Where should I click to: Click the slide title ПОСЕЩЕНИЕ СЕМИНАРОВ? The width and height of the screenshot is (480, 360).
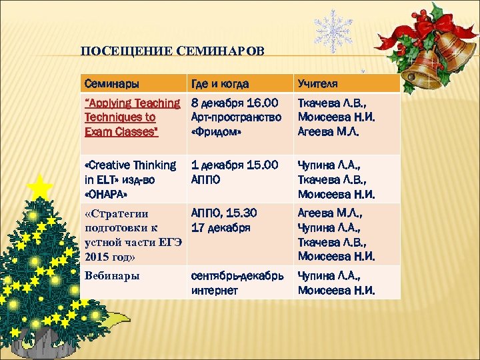pyautogui.click(x=172, y=51)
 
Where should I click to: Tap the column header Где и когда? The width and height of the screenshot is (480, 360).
pyautogui.click(x=220, y=84)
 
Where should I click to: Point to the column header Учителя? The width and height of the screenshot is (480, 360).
pyautogui.click(x=317, y=84)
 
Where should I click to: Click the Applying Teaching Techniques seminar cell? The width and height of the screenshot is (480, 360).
pyautogui.click(x=132, y=117)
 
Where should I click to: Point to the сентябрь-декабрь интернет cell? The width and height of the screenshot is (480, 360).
pyautogui.click(x=237, y=283)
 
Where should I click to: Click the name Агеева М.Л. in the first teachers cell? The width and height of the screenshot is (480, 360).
pyautogui.click(x=328, y=131)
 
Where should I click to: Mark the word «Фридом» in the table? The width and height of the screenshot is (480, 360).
pyautogui.click(x=215, y=131)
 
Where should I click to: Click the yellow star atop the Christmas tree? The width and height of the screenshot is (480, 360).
pyautogui.click(x=41, y=187)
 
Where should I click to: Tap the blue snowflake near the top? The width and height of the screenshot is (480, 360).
pyautogui.click(x=333, y=31)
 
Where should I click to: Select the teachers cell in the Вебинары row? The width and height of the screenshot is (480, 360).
pyautogui.click(x=337, y=283)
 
